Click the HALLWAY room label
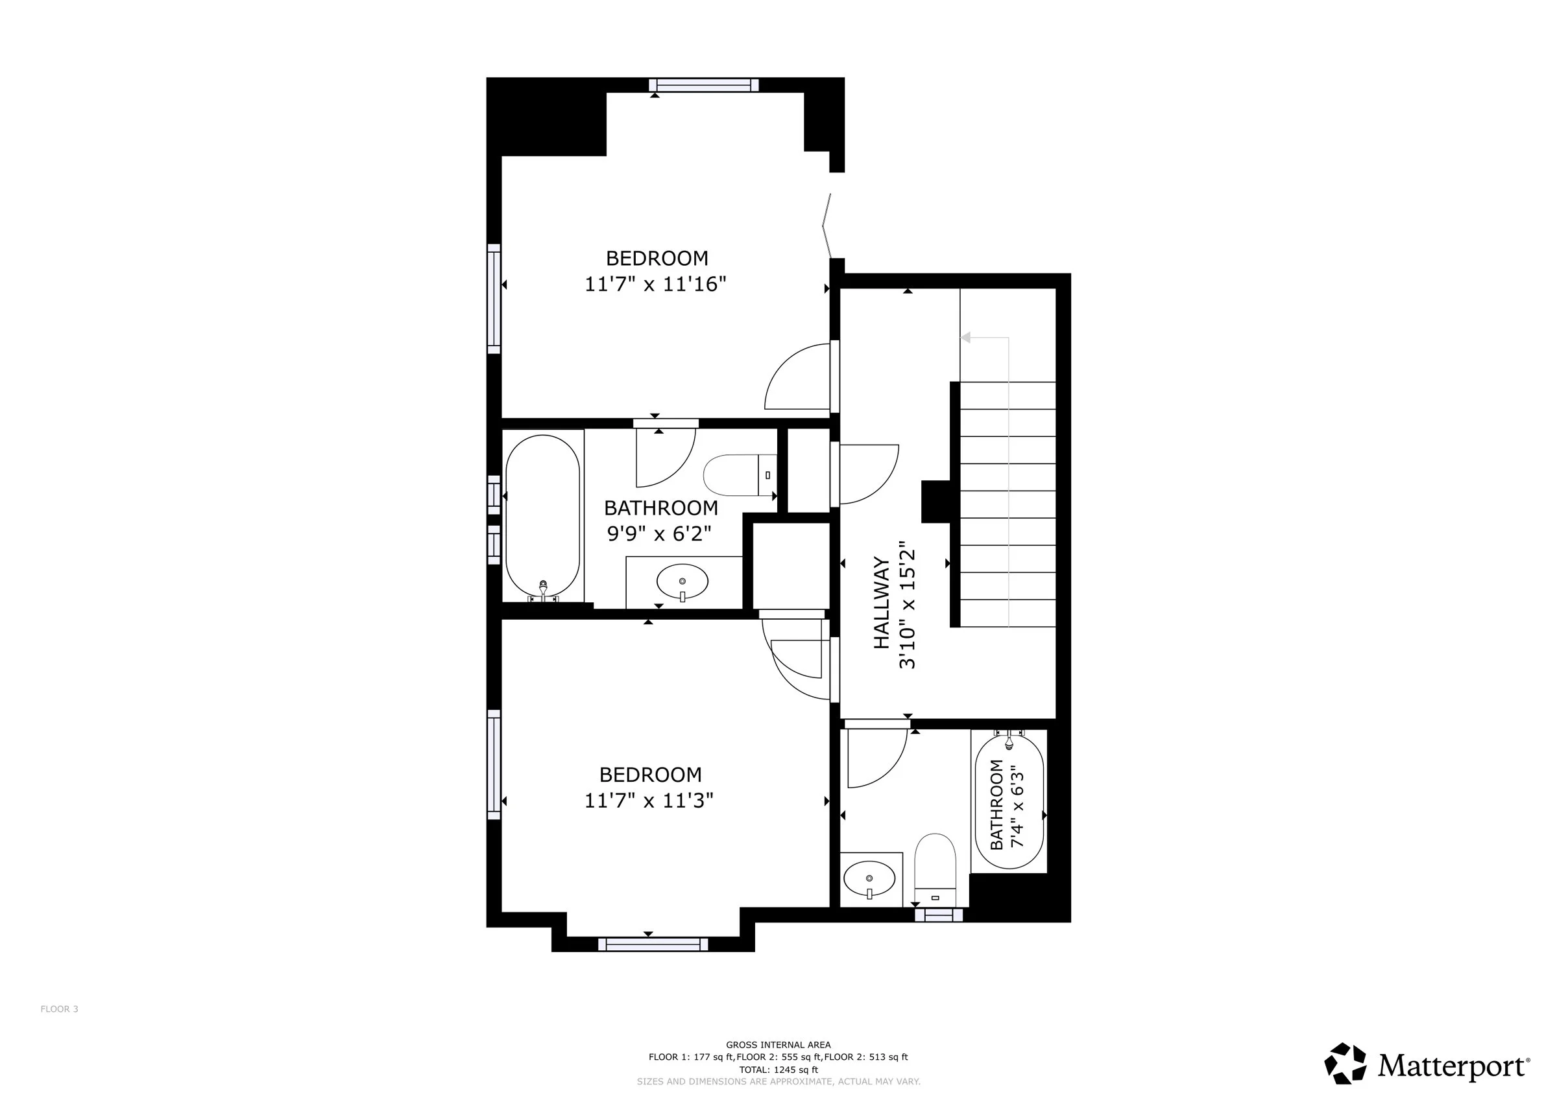pos(881,603)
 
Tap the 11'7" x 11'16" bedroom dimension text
pos(655,284)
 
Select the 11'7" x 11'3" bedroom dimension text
pos(649,801)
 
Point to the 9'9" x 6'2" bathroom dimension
pos(659,533)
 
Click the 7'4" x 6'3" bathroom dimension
pos(1017,806)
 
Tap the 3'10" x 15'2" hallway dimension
pos(908,605)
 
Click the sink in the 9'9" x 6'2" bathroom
pos(682,581)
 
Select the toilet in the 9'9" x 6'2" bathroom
pos(740,474)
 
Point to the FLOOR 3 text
pos(60,1009)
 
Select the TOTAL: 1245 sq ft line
pos(779,1070)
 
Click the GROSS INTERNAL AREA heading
pos(779,1045)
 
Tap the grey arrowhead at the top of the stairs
pos(966,337)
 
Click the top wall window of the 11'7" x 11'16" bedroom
pos(704,85)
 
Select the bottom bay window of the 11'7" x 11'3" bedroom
pos(653,944)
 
